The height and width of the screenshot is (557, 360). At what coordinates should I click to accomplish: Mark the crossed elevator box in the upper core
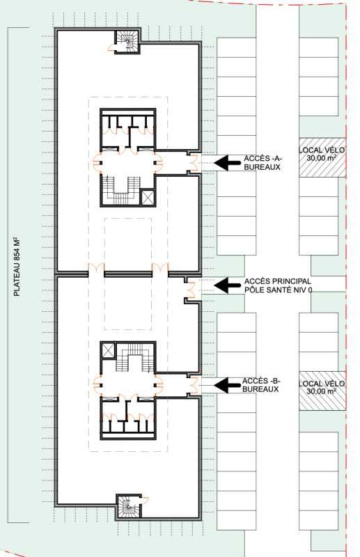148,197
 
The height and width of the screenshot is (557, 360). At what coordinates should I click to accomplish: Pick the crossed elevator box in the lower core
109,350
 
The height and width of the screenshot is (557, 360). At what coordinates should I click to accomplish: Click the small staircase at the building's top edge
127,42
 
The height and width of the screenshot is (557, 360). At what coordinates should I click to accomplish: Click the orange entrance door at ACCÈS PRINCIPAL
193,284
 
